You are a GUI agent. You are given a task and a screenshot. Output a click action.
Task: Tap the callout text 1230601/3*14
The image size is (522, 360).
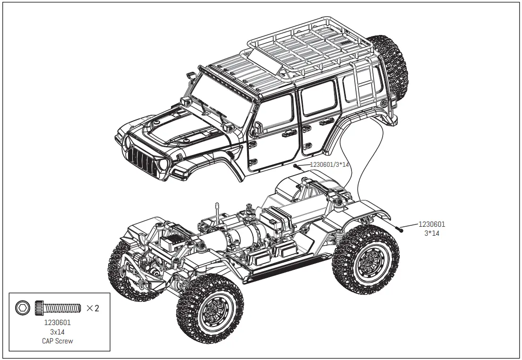coord(329,164)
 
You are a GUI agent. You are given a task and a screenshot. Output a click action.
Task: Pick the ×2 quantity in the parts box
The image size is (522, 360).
coord(93,309)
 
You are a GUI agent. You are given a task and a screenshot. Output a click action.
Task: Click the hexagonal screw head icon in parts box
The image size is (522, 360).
coord(22,309)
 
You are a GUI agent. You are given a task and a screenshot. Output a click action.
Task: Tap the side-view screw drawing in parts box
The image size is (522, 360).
coord(57,309)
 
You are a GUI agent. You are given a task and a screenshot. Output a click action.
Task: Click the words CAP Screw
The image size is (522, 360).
coord(58,341)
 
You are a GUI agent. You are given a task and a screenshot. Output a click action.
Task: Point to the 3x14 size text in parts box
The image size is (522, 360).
coord(57,332)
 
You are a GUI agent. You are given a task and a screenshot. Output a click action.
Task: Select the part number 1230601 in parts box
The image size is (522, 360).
coord(57,323)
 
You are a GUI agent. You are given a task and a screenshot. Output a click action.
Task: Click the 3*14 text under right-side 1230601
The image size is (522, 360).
coord(432,233)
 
